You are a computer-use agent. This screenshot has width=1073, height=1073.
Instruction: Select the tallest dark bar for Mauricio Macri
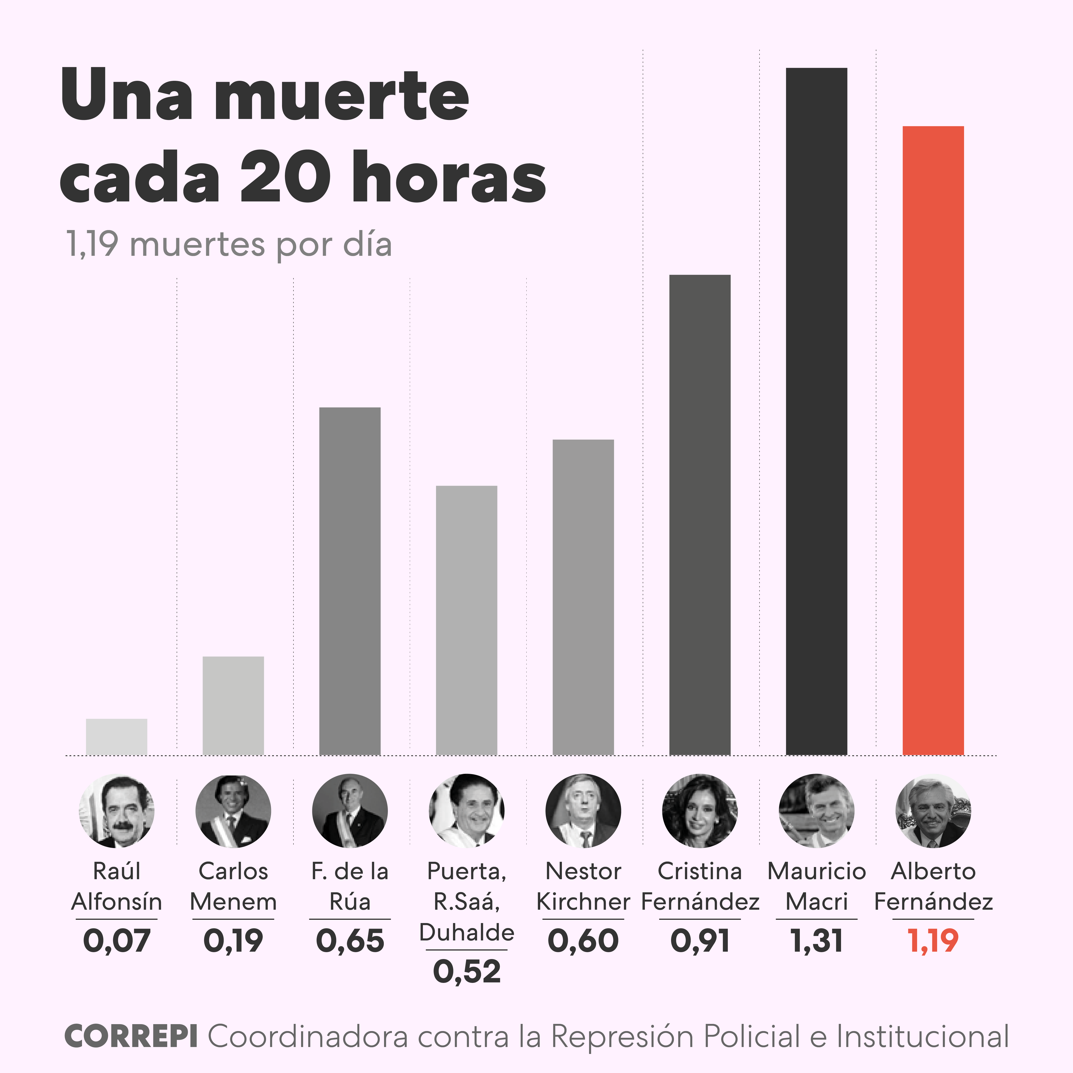point(816,411)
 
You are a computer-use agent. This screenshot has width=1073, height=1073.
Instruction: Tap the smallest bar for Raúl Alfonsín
point(117,737)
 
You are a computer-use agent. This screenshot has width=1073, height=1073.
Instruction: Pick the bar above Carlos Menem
point(233,705)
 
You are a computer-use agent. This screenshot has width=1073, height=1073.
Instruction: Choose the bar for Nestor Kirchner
point(583,597)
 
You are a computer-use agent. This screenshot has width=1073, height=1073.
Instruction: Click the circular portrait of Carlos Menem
point(233,811)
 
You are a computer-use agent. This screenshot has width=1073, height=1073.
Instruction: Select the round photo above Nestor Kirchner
point(583,811)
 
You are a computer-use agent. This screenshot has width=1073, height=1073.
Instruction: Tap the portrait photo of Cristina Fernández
point(700,811)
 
